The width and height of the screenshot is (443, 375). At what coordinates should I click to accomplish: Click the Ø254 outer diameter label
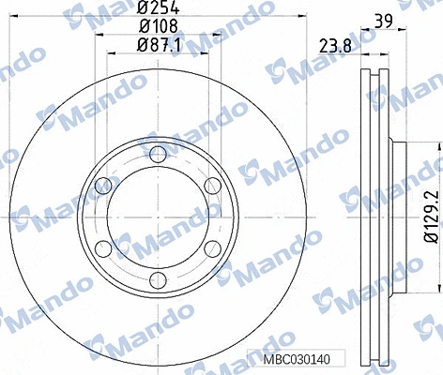point(154,10)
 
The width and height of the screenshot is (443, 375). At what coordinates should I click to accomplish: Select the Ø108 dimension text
point(154,27)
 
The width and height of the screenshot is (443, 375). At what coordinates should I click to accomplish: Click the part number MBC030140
point(299,359)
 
